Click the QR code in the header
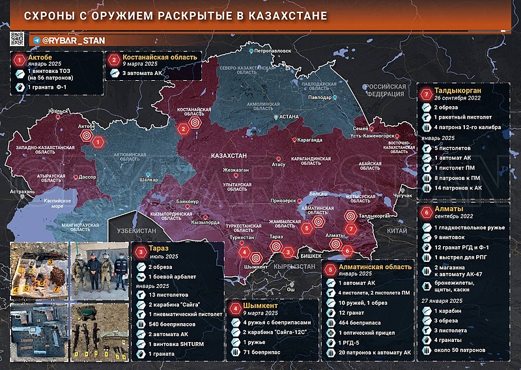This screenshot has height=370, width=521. (x=18, y=38)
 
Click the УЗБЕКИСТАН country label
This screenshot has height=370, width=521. (x=136, y=231)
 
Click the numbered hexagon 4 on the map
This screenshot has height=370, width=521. (x=244, y=251)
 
